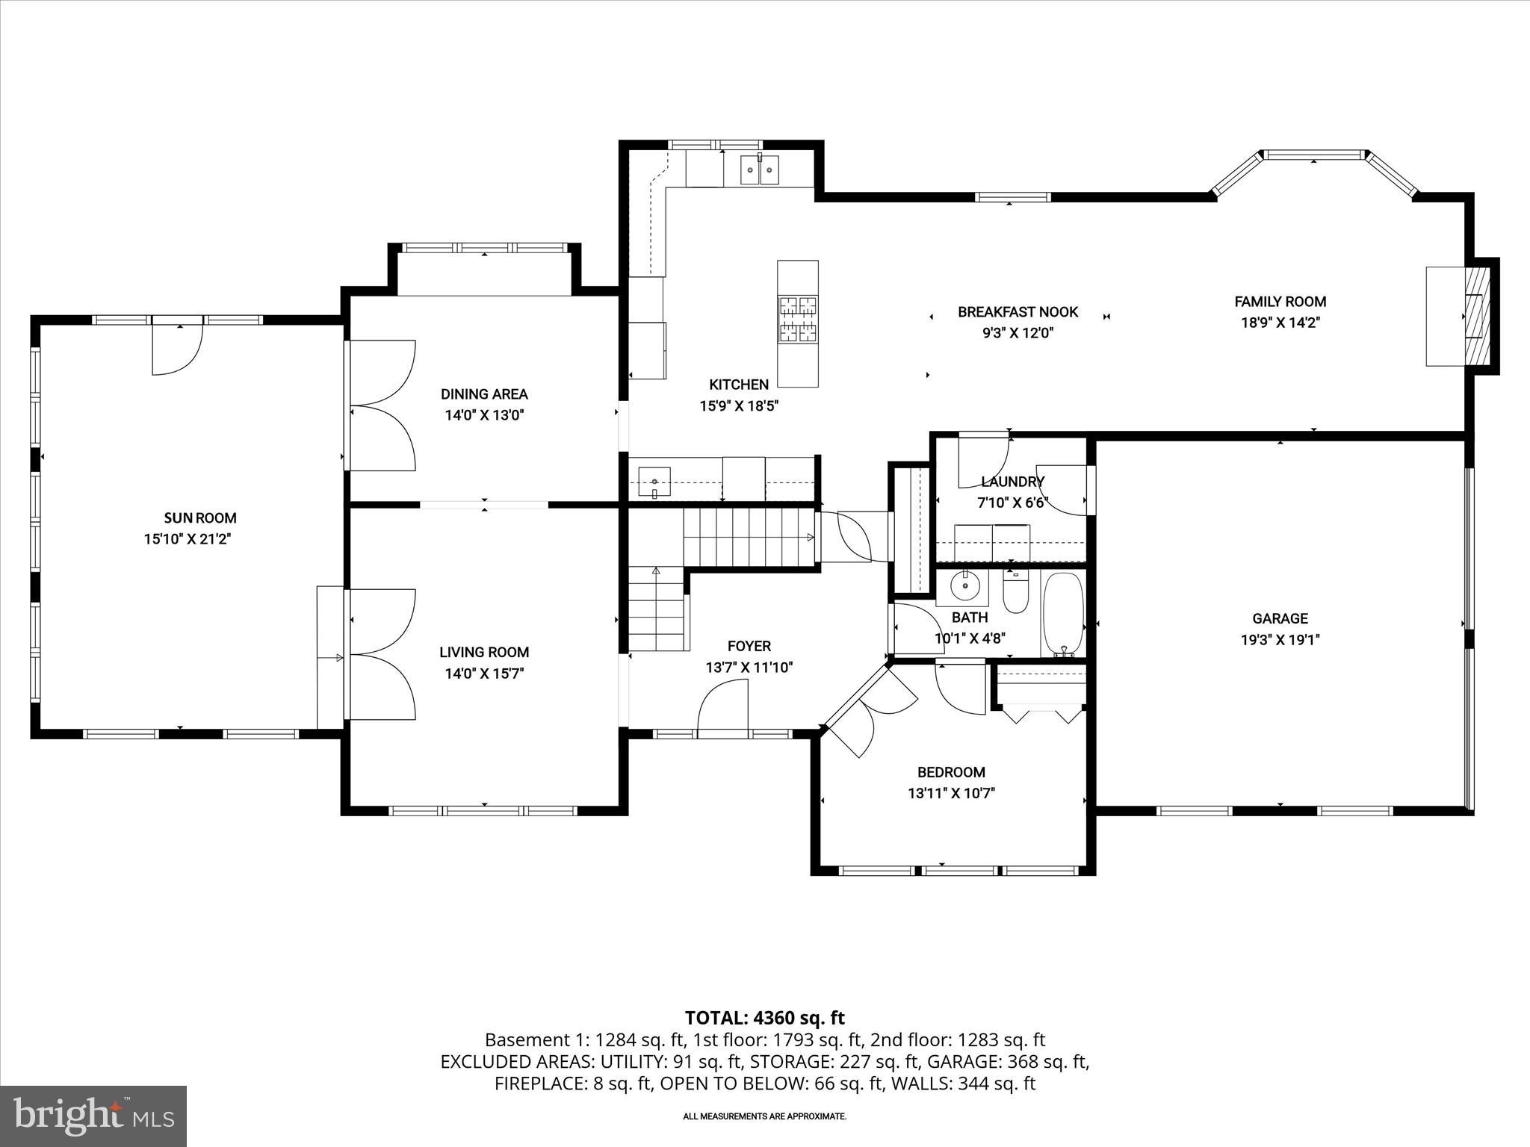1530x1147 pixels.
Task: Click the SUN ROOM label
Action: click(200, 517)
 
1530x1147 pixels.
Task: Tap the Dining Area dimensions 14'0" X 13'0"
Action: click(485, 415)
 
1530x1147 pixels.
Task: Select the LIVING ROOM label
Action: click(484, 652)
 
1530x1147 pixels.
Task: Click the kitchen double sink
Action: click(759, 170)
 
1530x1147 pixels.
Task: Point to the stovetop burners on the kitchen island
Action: click(798, 319)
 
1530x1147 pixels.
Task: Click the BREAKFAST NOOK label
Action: click(1018, 312)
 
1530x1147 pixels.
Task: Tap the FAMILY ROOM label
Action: click(1280, 302)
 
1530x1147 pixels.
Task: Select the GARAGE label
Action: click(1280, 618)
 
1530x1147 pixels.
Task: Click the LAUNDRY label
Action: click(1012, 482)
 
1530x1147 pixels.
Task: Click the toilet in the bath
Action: click(1015, 594)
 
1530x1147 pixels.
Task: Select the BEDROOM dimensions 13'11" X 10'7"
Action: click(951, 793)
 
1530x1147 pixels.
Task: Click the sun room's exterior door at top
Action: click(177, 347)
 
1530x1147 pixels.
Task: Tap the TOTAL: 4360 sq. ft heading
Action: click(764, 1018)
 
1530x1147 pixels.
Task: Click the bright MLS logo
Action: click(93, 1116)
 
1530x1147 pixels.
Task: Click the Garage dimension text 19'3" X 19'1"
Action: click(1280, 639)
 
